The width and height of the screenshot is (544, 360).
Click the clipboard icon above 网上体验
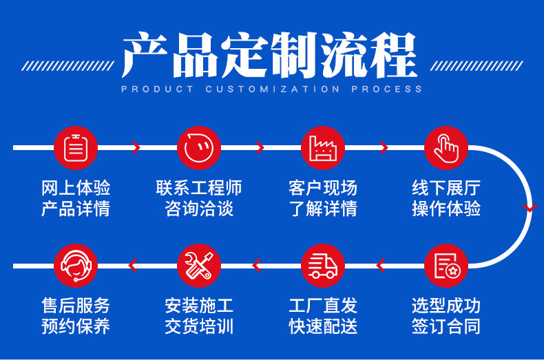pos(75,148)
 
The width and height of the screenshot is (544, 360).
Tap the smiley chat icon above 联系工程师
pos(199,148)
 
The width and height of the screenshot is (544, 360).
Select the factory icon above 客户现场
pos(323,148)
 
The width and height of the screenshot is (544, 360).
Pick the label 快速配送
pos(323,326)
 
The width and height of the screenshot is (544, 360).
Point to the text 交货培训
pos(199,326)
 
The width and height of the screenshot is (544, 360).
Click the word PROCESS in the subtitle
pos(387,89)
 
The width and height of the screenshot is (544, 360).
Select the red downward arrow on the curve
pos(529,207)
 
